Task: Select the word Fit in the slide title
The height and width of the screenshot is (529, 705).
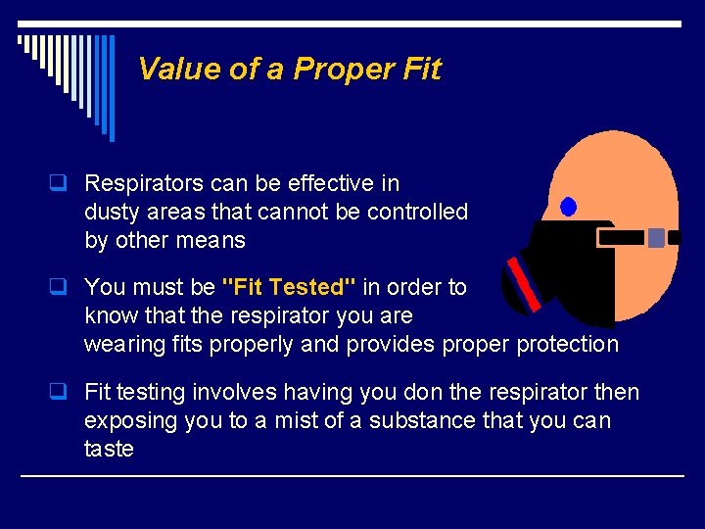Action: (422, 70)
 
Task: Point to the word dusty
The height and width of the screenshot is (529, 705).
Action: (112, 212)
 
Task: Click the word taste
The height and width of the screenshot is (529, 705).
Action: (109, 449)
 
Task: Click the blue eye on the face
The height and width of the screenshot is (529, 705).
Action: (568, 207)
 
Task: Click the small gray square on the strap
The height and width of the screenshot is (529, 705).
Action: (656, 237)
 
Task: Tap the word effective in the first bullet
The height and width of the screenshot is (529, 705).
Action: (321, 183)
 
